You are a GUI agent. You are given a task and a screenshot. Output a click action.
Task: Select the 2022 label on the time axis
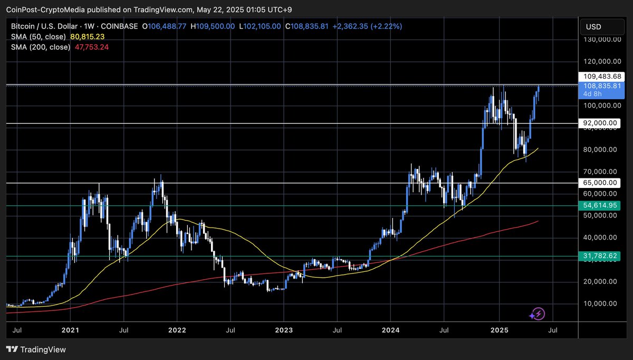pos(177,330)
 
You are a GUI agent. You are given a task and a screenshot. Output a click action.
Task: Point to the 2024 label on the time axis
pos(391,330)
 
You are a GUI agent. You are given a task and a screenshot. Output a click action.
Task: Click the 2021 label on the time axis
pos(70,330)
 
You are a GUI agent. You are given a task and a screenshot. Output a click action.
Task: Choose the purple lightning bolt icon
pos(537,315)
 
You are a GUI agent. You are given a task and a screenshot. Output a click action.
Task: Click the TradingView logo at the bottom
pos(36,349)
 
